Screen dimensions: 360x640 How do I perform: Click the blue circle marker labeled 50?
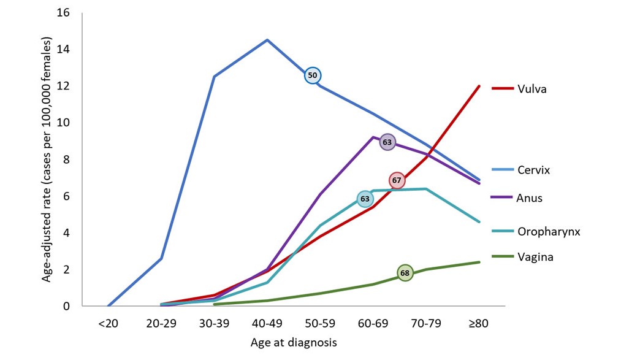click(x=313, y=75)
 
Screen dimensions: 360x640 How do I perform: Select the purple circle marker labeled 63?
click(x=387, y=142)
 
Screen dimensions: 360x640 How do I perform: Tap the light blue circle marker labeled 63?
click(x=365, y=199)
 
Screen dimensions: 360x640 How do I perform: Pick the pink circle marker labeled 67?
click(x=397, y=180)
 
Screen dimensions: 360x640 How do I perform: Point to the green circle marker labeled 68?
click(x=405, y=273)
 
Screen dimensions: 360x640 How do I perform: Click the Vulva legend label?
click(x=531, y=89)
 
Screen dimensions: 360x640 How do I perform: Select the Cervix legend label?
click(x=533, y=170)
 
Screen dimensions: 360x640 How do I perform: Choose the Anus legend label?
click(x=530, y=197)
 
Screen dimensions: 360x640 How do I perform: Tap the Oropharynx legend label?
click(x=549, y=232)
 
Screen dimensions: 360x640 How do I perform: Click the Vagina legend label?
click(x=535, y=257)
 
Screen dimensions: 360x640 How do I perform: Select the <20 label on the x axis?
click(x=108, y=323)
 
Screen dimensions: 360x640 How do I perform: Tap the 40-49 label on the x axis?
click(x=267, y=323)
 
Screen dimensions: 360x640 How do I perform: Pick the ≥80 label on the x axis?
click(x=478, y=323)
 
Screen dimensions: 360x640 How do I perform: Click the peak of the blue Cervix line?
click(x=267, y=40)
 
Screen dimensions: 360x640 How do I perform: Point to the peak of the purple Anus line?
click(x=373, y=137)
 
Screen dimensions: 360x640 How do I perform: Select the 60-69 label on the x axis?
click(x=373, y=323)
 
